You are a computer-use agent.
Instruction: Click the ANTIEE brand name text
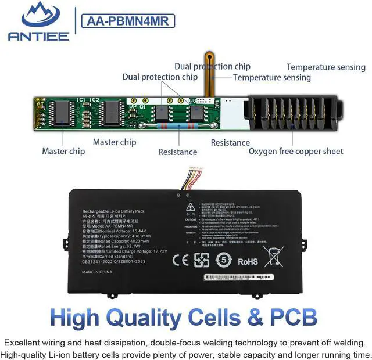38,35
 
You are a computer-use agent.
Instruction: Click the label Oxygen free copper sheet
296,152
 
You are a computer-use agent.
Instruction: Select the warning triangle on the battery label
190,207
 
